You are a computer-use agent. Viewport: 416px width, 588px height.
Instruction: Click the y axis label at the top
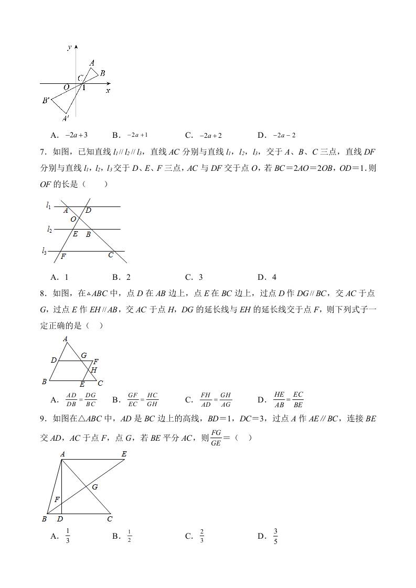(69, 48)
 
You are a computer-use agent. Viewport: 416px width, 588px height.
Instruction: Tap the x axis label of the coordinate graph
(108, 91)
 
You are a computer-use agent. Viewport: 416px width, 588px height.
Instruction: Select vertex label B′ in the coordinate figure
(46, 100)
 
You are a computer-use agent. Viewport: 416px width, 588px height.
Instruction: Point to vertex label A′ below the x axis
(66, 119)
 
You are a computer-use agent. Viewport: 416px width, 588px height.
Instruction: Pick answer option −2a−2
(284, 135)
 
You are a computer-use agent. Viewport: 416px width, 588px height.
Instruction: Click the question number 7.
(43, 153)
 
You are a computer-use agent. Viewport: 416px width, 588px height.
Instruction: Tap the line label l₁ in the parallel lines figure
(48, 205)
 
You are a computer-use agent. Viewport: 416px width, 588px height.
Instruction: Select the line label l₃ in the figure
(45, 251)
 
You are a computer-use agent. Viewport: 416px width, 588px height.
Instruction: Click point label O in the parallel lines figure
(73, 219)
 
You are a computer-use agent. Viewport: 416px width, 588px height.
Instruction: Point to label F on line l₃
(63, 257)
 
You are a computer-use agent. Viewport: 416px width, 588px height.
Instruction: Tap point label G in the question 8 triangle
(83, 355)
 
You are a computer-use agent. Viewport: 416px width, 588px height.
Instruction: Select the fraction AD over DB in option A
(71, 399)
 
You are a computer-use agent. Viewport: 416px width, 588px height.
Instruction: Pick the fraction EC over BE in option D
(298, 399)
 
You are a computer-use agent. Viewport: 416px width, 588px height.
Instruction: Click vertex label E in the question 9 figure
(124, 454)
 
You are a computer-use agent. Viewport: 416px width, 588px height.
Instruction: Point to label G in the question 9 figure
(95, 487)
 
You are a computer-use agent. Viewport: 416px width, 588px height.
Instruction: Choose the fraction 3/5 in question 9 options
(275, 536)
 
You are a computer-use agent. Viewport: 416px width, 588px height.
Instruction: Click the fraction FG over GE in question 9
(216, 437)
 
